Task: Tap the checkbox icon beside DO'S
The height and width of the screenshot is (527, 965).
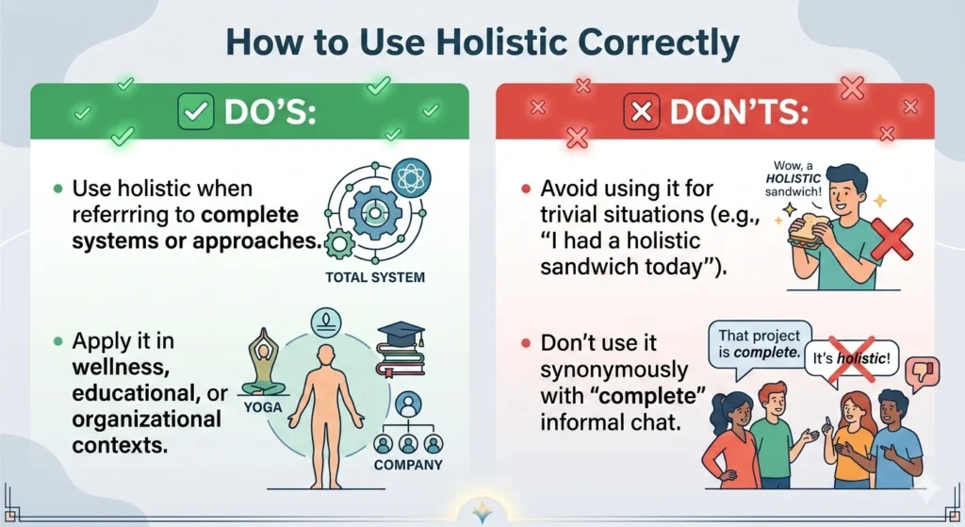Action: [196, 112]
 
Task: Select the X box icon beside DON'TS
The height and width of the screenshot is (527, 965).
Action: [643, 113]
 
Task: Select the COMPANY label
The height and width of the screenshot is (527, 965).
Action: [407, 466]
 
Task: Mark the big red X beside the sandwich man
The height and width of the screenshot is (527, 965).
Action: [891, 237]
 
